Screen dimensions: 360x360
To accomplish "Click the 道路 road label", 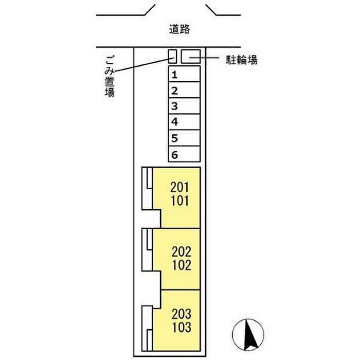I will (179, 30).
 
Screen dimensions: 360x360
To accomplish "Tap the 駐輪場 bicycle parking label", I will (242, 60).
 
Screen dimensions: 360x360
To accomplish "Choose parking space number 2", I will (184, 91).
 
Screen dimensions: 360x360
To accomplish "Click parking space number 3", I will (184, 106).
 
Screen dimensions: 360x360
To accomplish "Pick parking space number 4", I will (184, 122).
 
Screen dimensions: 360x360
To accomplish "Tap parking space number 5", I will (184, 138).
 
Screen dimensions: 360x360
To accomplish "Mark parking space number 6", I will (184, 154).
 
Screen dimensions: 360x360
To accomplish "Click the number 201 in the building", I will (180, 188).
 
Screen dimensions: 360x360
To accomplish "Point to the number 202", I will (181, 253).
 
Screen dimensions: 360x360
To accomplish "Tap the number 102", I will (181, 265).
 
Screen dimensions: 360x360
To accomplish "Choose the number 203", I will (181, 313).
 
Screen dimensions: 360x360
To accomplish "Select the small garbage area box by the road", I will (172, 56).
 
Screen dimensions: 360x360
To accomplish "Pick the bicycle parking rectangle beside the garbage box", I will (190, 56).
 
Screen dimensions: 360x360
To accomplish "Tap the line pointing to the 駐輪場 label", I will (211, 58).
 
